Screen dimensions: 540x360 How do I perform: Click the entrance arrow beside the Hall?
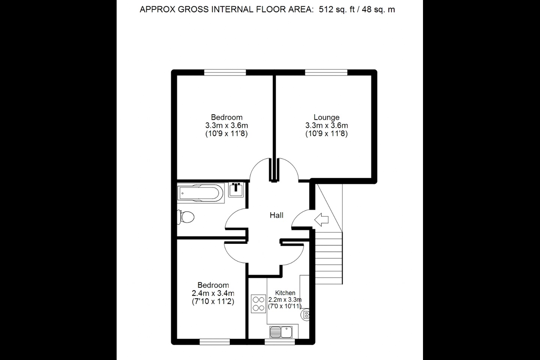[321, 220]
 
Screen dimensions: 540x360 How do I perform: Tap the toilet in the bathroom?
[186, 217]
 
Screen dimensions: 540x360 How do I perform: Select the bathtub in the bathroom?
[201, 193]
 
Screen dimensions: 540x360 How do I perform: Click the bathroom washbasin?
[236, 190]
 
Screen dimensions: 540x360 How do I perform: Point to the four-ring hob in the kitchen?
[258, 304]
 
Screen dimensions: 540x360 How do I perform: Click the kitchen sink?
[281, 332]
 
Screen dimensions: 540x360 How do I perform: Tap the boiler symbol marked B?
[305, 315]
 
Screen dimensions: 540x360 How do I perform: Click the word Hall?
[276, 215]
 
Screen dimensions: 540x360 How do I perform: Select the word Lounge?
[326, 117]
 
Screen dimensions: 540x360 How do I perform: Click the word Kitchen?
[285, 293]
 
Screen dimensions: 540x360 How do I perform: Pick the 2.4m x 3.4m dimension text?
[213, 293]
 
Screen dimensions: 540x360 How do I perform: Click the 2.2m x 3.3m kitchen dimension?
[285, 300]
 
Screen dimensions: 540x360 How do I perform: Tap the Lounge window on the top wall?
[326, 72]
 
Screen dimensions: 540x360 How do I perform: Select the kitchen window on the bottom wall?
[280, 342]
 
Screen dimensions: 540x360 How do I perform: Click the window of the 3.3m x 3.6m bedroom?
[225, 72]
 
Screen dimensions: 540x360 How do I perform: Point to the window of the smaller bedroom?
[215, 342]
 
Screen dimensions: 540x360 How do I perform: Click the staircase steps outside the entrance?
[329, 258]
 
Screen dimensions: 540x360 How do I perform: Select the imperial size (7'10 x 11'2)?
[213, 301]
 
